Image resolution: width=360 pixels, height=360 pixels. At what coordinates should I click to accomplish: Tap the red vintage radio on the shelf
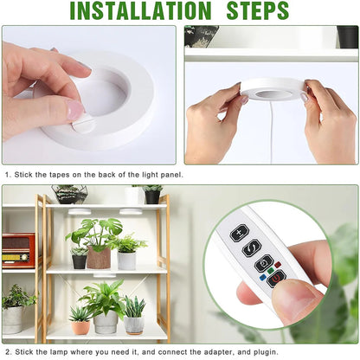click(x=18, y=249)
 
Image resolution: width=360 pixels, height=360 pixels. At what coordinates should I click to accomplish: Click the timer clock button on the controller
click(x=266, y=260)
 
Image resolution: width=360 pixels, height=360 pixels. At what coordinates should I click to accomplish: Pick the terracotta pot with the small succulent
click(x=80, y=326)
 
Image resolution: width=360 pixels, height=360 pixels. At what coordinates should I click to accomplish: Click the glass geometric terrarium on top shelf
click(x=69, y=194)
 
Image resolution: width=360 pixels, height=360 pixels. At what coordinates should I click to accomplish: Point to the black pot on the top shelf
click(x=152, y=196)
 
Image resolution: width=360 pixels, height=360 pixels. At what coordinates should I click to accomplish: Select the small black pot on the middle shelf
click(x=80, y=260)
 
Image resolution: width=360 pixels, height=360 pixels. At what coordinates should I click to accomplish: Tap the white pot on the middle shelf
click(x=126, y=260)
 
